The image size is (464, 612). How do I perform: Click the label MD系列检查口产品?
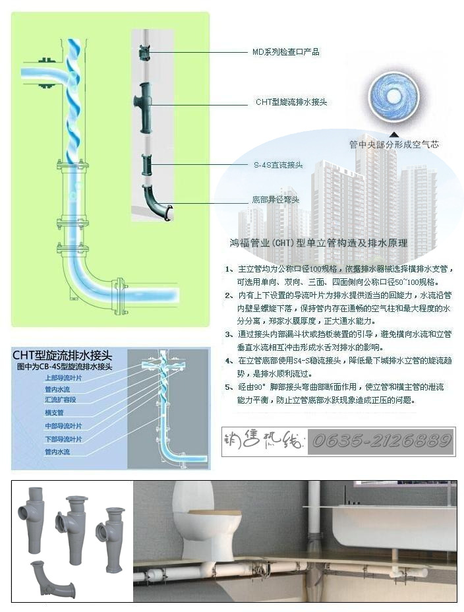point(286,52)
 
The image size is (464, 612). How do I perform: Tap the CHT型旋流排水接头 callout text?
point(291,102)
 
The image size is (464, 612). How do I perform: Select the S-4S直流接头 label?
point(278,165)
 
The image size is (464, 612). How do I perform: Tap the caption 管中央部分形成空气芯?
point(393,144)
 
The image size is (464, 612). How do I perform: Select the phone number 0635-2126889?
point(382,441)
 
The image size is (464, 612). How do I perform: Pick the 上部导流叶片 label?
point(63,378)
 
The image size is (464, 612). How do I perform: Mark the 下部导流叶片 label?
point(63,439)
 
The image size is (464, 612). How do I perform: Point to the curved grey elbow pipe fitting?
point(52,578)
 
